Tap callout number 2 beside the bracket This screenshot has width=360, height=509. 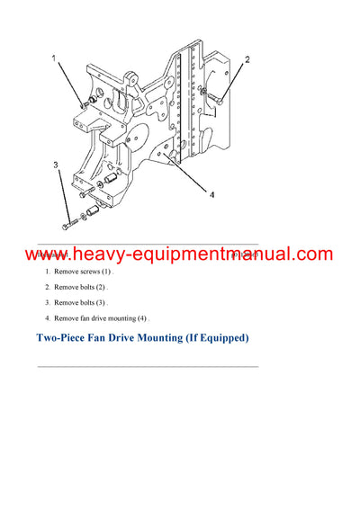247,60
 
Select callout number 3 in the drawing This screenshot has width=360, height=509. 55,165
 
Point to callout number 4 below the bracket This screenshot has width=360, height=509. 212,193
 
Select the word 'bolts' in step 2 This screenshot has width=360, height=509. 93,287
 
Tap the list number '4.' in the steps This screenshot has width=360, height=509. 49,318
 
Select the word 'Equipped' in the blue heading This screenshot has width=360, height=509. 220,339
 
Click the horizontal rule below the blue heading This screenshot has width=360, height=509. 148,366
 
